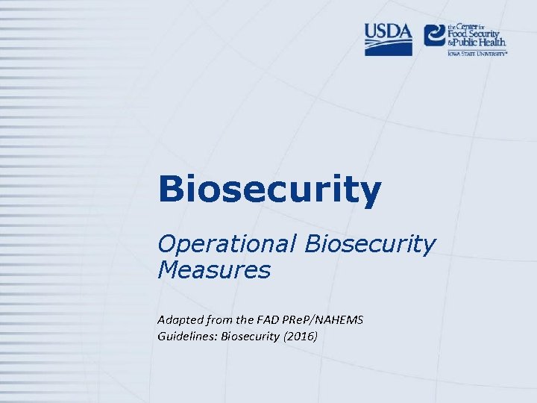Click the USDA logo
click(x=388, y=39)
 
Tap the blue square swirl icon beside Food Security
click(x=435, y=35)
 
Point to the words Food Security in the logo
click(x=477, y=34)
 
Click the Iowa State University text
click(x=477, y=54)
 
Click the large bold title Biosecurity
click(x=269, y=190)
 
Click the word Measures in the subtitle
click(x=213, y=269)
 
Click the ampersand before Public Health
click(x=450, y=44)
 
